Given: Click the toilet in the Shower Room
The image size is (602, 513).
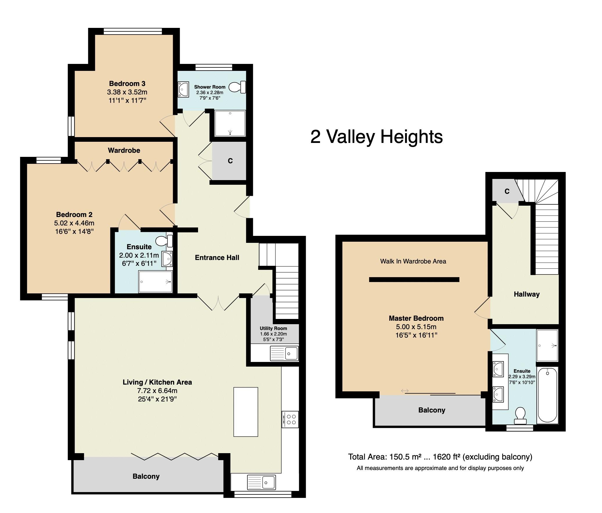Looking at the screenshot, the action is tap(238, 87).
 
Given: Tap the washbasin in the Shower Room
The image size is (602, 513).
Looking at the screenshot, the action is tap(183, 89).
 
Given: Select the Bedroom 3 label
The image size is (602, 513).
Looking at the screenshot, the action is tap(127, 84).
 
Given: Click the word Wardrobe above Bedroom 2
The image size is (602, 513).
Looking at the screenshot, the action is tap(124, 150).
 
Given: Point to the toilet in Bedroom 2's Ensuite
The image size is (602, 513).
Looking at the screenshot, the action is tap(164, 241).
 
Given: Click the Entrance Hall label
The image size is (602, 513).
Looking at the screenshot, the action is tap(217, 258).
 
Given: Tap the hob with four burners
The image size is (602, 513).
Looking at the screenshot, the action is tap(290, 419).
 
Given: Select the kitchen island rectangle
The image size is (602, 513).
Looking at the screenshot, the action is tap(246, 412).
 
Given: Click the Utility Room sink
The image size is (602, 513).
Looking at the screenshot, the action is tap(284, 354).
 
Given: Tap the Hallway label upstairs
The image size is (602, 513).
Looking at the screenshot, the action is tap(526, 294).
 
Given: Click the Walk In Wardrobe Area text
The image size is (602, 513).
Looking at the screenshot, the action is tap(413, 261).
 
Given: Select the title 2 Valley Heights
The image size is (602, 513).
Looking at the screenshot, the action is tap(377, 137).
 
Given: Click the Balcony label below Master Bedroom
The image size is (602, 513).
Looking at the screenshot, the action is tap(432, 410).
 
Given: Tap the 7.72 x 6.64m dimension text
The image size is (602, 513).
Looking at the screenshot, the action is tap(157, 391).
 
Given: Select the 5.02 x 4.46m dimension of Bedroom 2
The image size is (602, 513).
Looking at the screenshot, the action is tap(74, 223).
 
